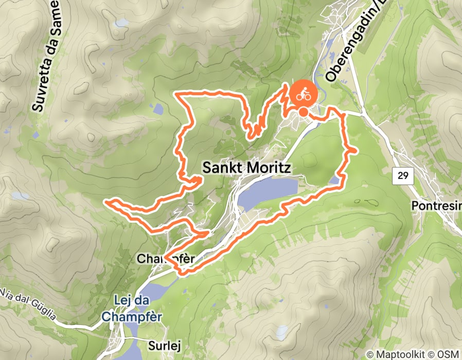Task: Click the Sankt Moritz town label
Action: point(247,168)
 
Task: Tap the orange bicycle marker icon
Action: point(303,94)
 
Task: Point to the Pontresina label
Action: point(436,206)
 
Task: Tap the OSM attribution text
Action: point(449,354)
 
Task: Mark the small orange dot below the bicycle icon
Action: point(304,112)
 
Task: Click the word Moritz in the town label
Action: point(270,168)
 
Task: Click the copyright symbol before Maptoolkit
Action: point(370,354)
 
